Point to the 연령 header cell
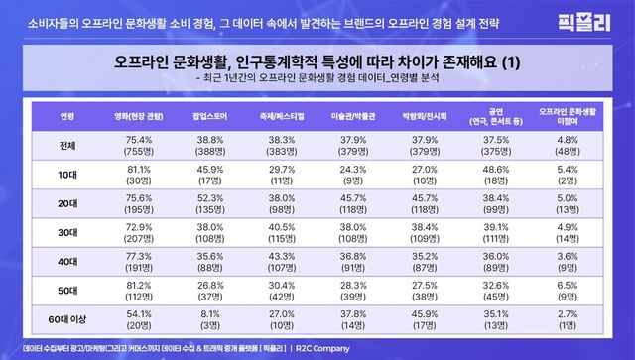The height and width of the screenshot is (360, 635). tap(66, 114)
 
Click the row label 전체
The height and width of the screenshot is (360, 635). tap(66, 146)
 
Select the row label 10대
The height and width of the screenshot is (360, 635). tap(66, 175)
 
